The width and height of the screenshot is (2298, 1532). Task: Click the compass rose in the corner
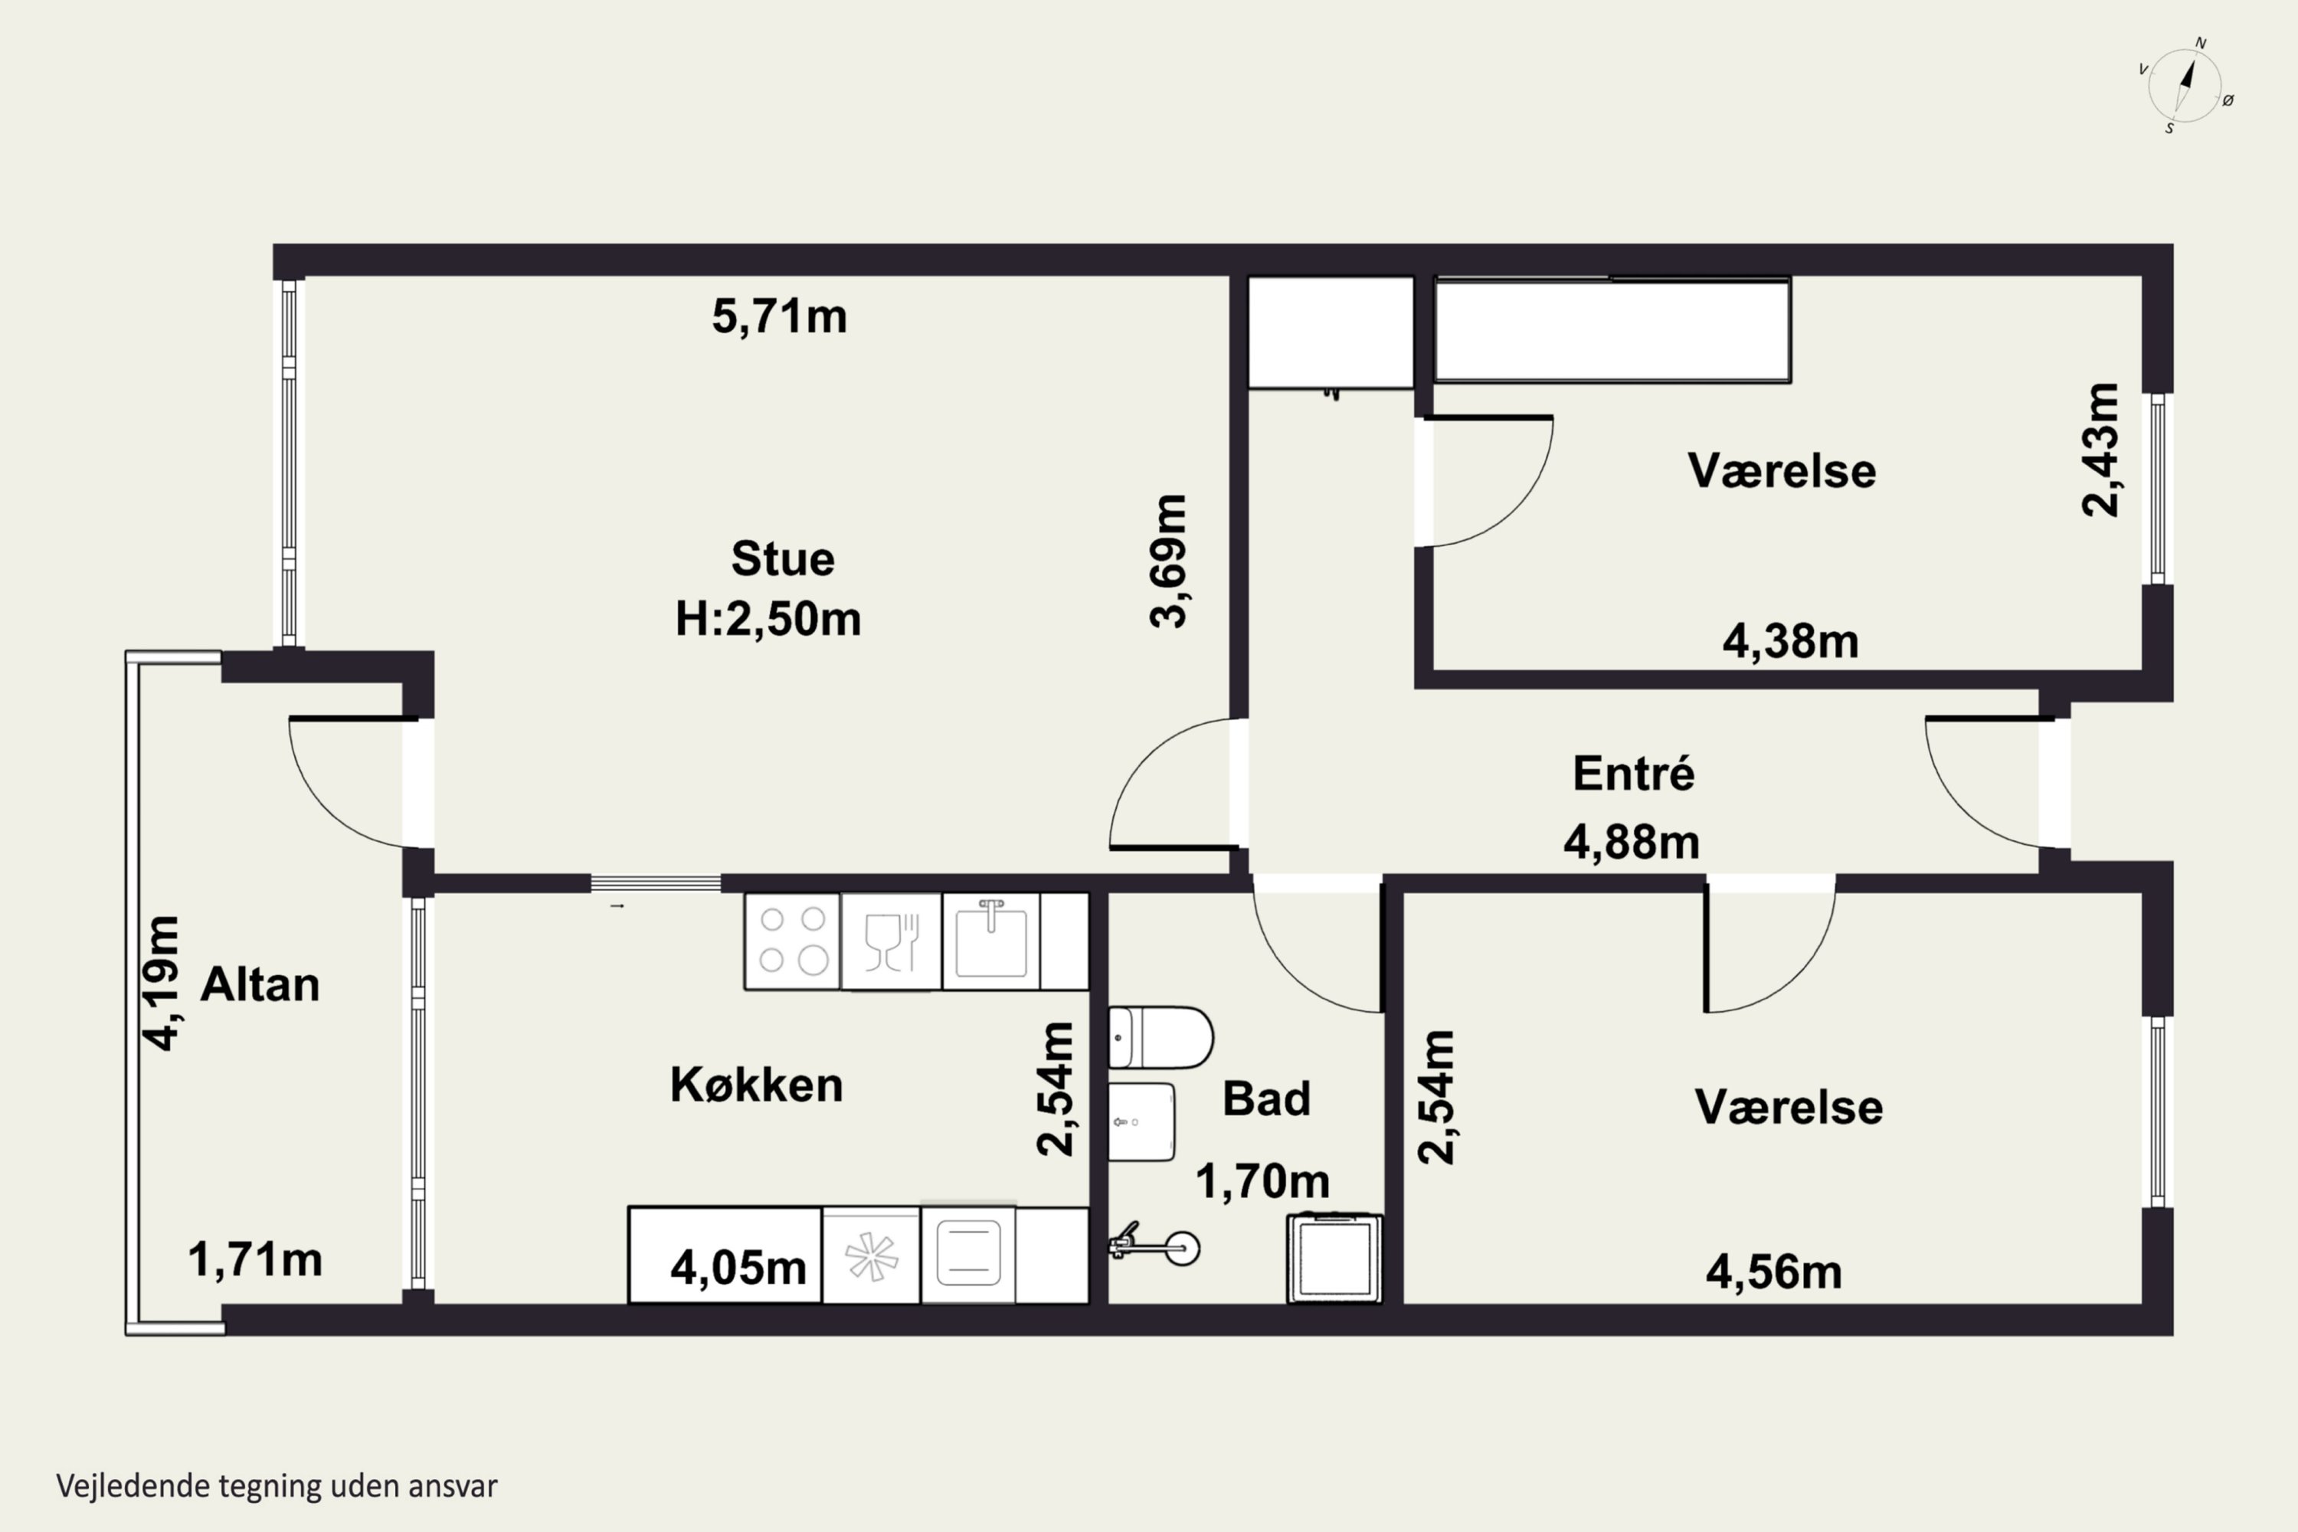pos(2185,86)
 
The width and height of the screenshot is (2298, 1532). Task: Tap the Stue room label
pos(783,559)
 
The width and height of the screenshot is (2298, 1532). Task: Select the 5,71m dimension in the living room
pos(779,316)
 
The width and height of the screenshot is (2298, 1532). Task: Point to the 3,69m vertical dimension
pos(1169,561)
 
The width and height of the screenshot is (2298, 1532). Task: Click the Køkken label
pos(756,1085)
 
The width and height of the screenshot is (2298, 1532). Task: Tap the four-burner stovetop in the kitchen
pos(792,941)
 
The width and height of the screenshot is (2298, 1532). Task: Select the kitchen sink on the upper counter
pos(990,941)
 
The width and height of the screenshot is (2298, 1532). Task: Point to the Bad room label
pos(1266,1099)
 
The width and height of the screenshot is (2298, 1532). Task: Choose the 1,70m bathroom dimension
pos(1262,1181)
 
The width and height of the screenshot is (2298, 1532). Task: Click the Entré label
pos(1634,774)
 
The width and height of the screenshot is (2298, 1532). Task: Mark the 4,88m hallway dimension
pos(1632,842)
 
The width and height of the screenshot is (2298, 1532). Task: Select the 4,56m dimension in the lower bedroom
pos(1774,1272)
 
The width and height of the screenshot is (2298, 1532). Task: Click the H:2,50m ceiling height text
pos(768,620)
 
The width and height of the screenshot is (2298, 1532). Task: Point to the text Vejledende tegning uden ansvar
pos(277,1486)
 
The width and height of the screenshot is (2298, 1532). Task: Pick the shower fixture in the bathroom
pos(1154,1246)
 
